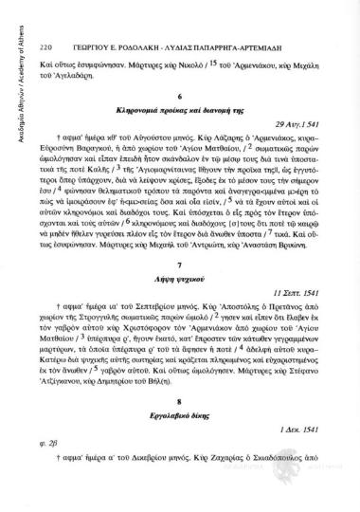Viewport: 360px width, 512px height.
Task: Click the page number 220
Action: pos(45,19)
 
